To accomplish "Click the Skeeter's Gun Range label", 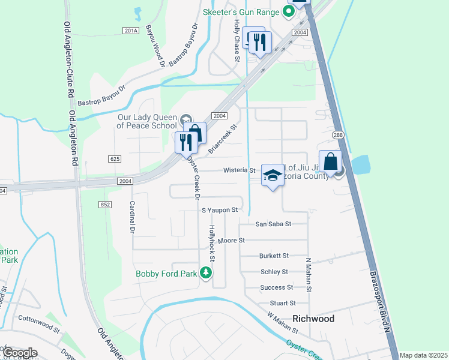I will tap(241, 12).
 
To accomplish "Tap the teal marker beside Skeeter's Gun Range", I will tap(289, 11).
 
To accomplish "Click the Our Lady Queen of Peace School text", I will tap(147, 121).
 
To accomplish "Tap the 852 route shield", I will tap(106, 205).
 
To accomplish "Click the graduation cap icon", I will tap(272, 175).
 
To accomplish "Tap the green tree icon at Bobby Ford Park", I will tap(206, 273).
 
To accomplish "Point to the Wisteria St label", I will tap(240, 170).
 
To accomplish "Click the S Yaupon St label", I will tap(220, 210).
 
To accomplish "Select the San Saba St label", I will tap(273, 224).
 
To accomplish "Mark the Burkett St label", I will tap(274, 256).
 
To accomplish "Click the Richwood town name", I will tap(313, 319).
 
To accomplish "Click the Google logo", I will tap(20, 352).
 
